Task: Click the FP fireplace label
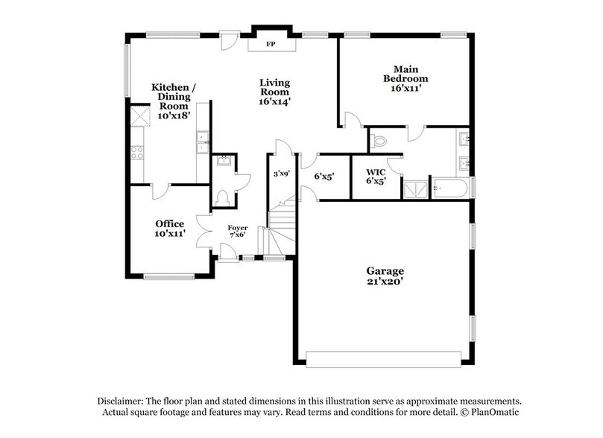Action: click(x=270, y=45)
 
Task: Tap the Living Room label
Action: click(x=274, y=92)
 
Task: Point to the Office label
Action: click(x=170, y=228)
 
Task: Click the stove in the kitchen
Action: click(x=138, y=152)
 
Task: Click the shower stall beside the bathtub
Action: click(x=416, y=188)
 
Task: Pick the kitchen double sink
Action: click(x=201, y=142)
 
